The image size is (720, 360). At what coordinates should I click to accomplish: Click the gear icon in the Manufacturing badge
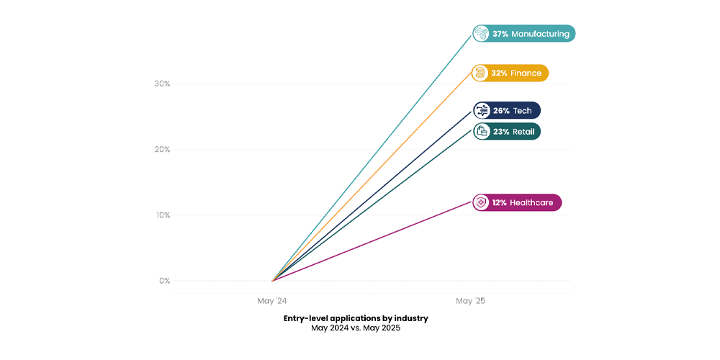point(481,34)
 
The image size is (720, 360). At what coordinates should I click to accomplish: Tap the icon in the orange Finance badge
point(481,73)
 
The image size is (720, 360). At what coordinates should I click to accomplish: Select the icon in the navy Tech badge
point(481,110)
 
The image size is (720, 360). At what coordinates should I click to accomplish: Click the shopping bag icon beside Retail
point(481,132)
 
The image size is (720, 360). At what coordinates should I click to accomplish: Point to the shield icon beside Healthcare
point(481,203)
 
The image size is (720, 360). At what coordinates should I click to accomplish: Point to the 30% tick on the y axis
point(162,84)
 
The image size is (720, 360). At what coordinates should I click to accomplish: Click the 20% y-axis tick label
point(162,150)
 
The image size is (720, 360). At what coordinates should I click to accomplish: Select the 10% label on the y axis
point(162,215)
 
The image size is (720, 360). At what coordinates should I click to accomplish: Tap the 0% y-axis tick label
point(164,281)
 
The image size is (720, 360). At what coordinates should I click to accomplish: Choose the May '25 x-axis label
point(470,300)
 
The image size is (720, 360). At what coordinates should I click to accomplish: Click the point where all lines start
point(272,281)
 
